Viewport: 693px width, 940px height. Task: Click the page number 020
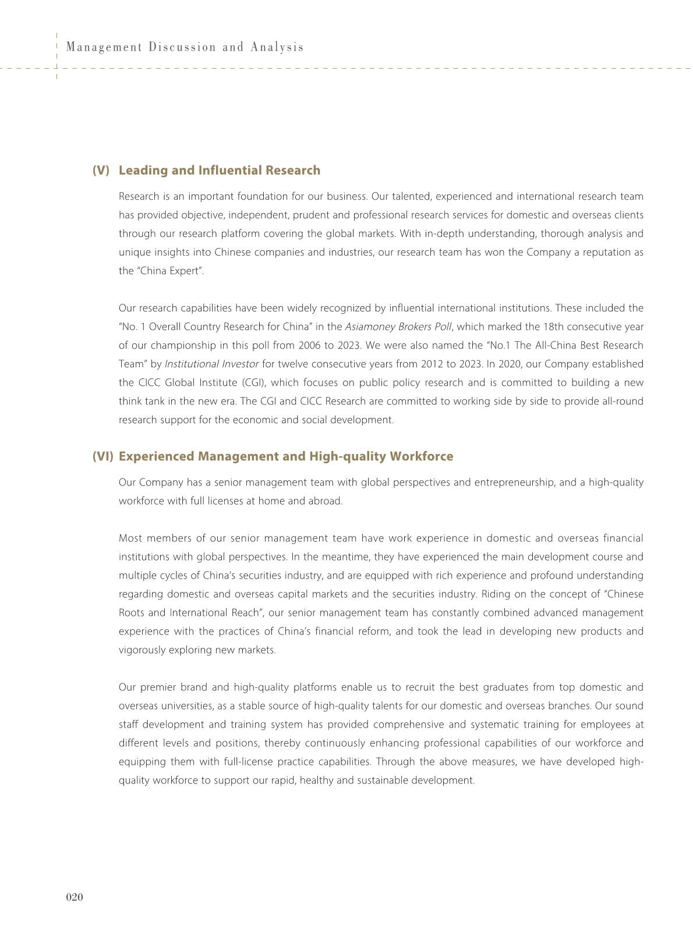tap(75, 897)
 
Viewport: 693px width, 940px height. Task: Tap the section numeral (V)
tap(101, 171)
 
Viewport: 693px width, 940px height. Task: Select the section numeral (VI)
tap(102, 456)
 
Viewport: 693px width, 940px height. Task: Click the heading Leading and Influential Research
tap(219, 171)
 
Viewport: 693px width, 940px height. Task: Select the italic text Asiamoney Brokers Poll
tap(398, 327)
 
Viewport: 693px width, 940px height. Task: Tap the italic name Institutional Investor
tap(211, 364)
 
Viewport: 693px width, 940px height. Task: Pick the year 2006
tap(309, 346)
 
